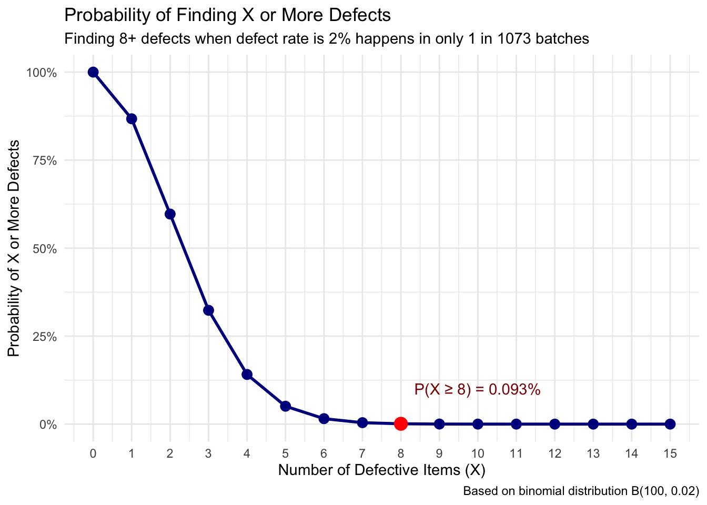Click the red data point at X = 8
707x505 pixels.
401,423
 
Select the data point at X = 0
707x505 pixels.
93,72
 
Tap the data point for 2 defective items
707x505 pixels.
170,214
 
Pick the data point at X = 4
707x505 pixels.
247,375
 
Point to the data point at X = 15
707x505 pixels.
670,424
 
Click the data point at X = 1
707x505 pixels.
132,119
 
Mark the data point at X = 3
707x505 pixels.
208,310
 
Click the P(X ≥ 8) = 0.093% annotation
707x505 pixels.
477,390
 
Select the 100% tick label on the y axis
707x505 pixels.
41,73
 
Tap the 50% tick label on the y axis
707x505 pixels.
44,248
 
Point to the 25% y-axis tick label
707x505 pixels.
44,337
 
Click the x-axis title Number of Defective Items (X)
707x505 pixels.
381,470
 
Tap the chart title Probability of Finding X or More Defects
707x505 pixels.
227,15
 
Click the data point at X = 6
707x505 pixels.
324,419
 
